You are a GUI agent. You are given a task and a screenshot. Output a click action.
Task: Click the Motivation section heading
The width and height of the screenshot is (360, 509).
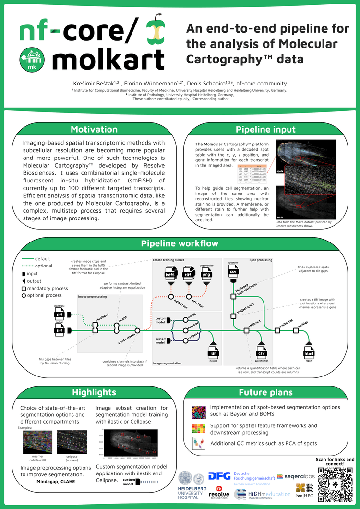coord(94,129)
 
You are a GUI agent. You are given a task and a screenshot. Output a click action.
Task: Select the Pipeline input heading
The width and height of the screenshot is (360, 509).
coord(265,130)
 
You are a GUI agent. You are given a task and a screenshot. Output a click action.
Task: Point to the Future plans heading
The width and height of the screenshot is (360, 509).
coord(265,392)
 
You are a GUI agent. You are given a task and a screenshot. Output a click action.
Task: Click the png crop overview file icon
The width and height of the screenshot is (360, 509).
coord(205,275)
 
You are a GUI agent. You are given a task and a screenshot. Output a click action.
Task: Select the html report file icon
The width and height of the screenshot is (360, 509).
coord(309,354)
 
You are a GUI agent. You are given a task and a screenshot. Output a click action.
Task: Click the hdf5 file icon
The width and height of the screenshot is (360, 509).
coord(170,275)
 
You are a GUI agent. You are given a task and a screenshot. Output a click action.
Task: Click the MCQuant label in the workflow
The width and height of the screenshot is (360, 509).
coord(254,325)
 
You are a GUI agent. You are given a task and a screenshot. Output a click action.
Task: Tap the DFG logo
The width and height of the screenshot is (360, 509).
coord(219,476)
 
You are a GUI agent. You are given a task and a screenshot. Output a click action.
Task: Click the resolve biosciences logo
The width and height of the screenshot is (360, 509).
coord(218,494)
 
